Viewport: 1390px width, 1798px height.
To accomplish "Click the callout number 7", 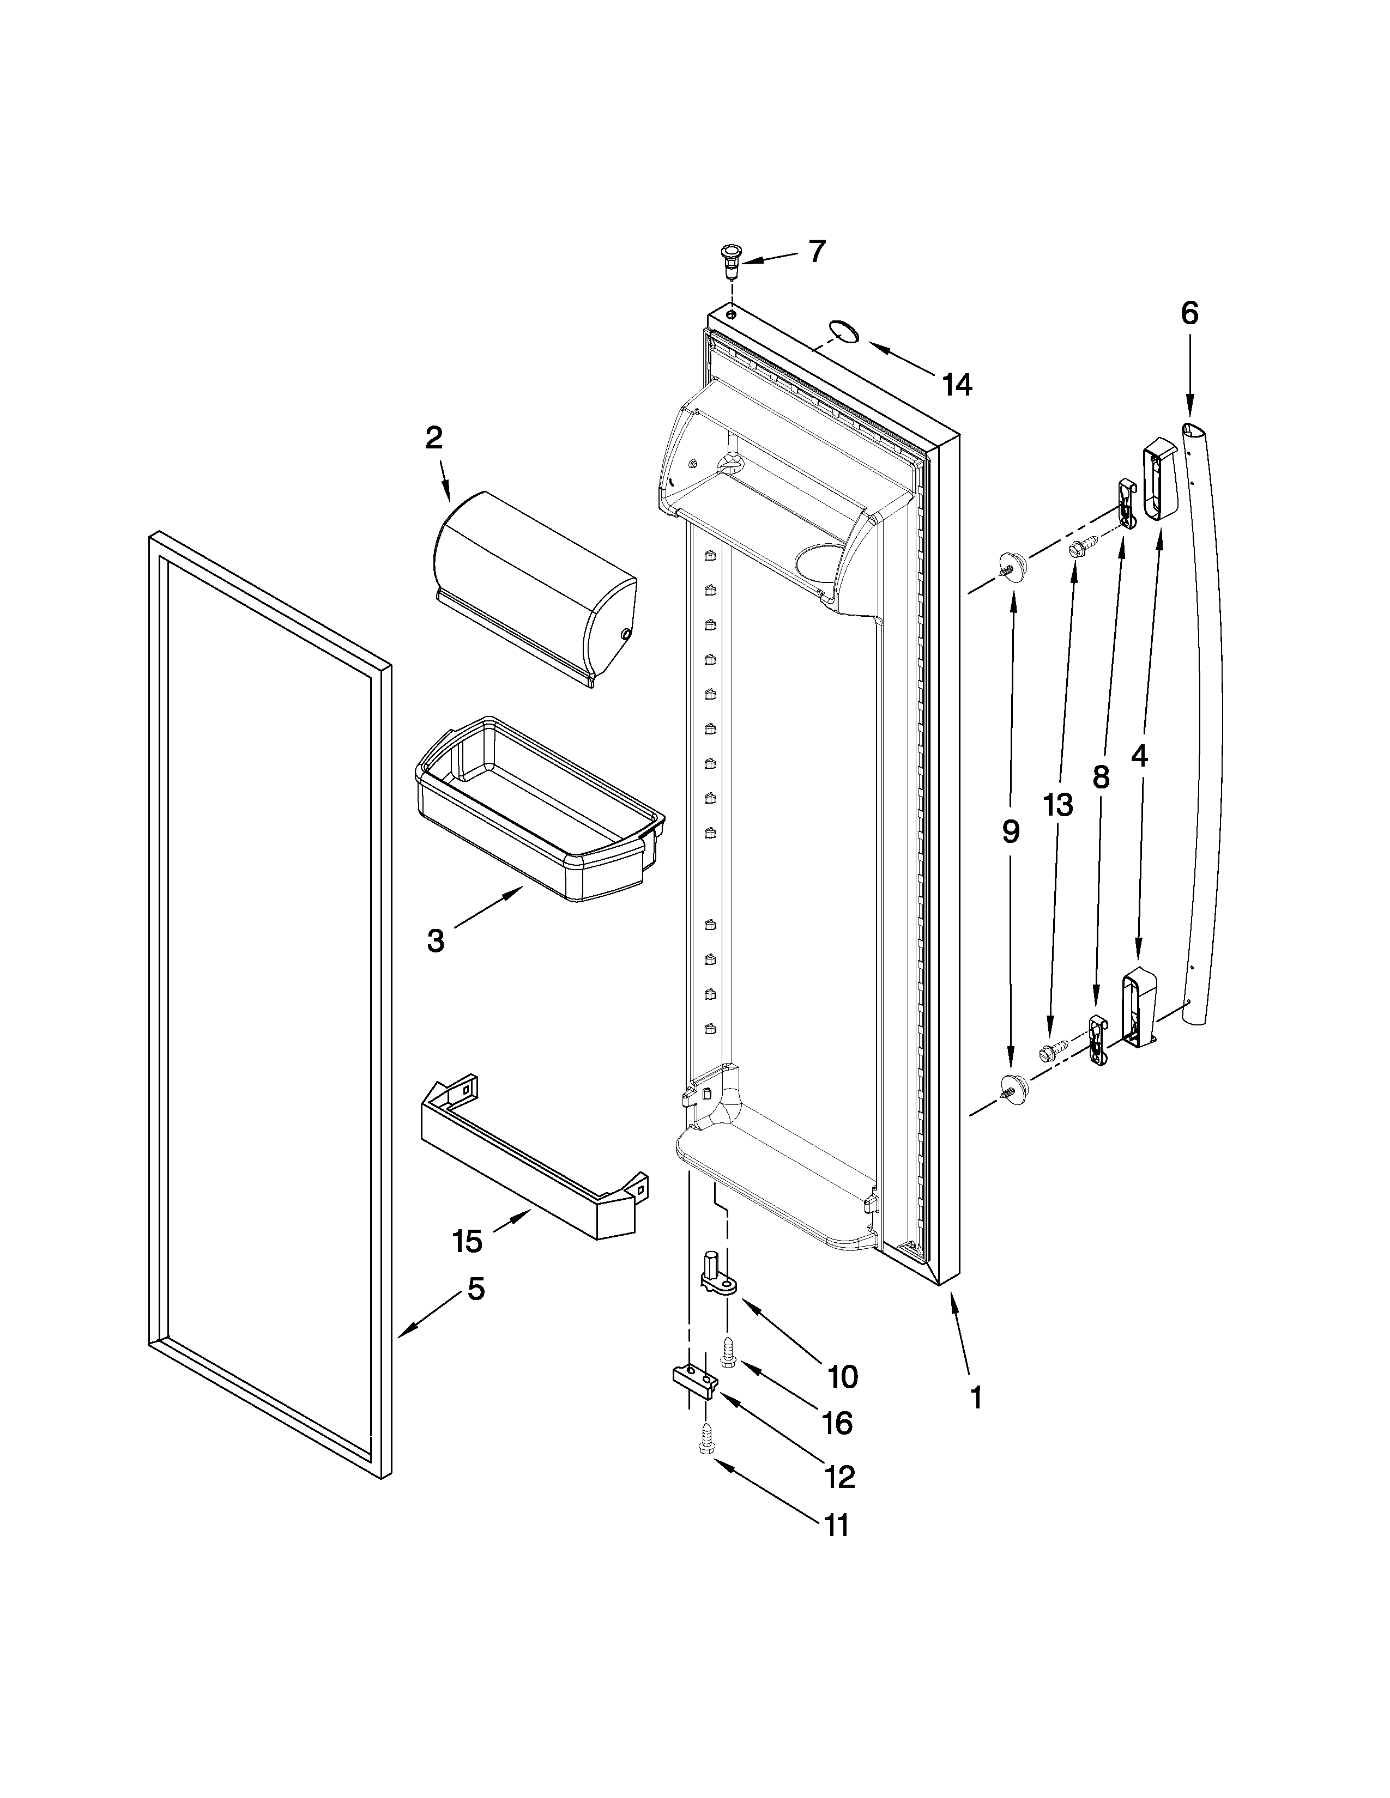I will (x=815, y=251).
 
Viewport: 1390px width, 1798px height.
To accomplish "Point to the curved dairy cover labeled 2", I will (x=534, y=587).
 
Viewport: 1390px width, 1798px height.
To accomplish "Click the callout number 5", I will (x=476, y=1289).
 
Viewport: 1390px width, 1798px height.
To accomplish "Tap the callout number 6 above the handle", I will (x=1189, y=314).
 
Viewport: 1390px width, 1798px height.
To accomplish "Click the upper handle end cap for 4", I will (x=1159, y=480).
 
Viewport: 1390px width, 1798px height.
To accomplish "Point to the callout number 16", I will (x=837, y=1423).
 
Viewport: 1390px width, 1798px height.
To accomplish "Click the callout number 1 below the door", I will (x=976, y=1397).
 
